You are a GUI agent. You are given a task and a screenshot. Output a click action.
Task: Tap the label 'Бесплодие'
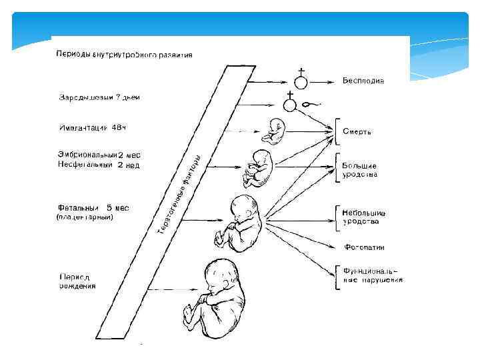click(x=363, y=81)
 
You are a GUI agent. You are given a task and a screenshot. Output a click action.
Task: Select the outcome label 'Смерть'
click(x=357, y=132)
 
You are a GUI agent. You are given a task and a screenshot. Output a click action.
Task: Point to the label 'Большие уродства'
click(x=360, y=170)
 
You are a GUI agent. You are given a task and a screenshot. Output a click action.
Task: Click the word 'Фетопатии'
click(x=364, y=247)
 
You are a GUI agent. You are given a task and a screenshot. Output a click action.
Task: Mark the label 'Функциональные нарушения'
click(x=372, y=275)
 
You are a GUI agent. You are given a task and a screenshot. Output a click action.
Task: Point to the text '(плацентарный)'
click(x=89, y=217)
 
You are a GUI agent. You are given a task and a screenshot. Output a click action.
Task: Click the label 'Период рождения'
click(x=77, y=281)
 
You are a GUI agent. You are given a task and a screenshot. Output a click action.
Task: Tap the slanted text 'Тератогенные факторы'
click(x=180, y=193)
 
